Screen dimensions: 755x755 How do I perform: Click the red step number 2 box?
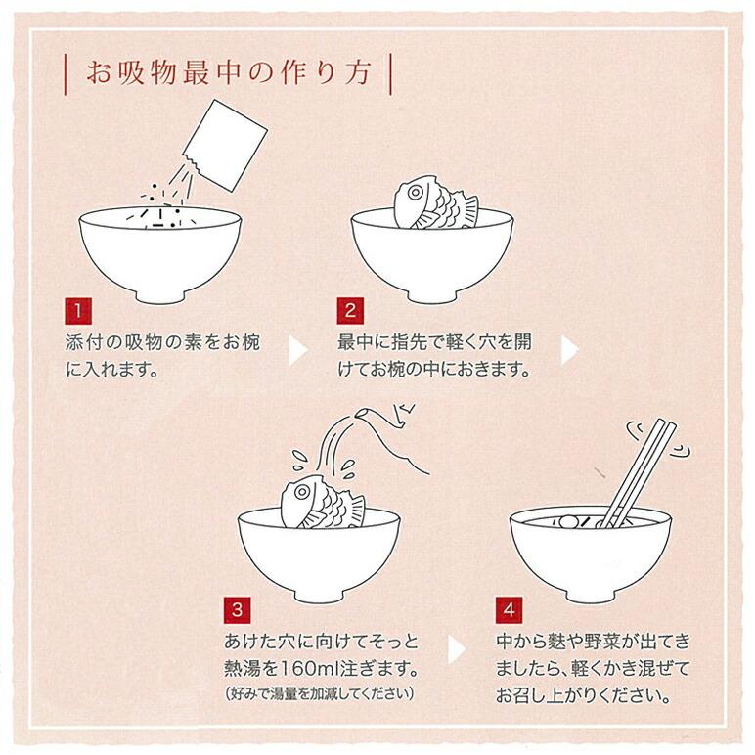(349, 311)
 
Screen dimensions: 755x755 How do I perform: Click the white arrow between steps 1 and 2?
(296, 349)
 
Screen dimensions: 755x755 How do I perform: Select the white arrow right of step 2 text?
(568, 349)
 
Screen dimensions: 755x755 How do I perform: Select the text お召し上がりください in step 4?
(582, 697)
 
